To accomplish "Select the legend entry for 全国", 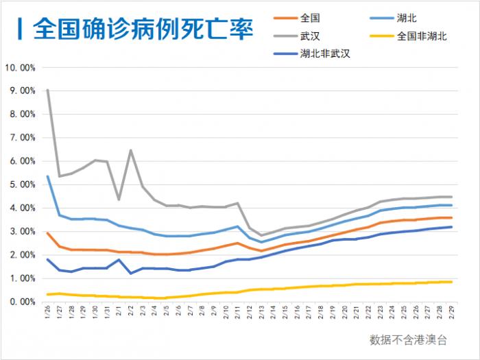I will (x=310, y=19).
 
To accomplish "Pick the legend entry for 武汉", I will (x=310, y=36).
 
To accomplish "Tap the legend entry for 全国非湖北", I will (x=422, y=36).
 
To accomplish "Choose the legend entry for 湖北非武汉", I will (x=325, y=54).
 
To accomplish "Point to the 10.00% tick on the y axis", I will (x=20, y=68).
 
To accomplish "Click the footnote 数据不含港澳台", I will (x=408, y=339).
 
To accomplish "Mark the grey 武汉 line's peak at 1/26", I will (x=47, y=90).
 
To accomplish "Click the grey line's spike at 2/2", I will (x=130, y=151).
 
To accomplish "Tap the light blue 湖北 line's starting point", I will (x=47, y=176).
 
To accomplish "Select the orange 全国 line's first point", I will (x=47, y=233).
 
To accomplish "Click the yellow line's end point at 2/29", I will (x=450, y=282).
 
